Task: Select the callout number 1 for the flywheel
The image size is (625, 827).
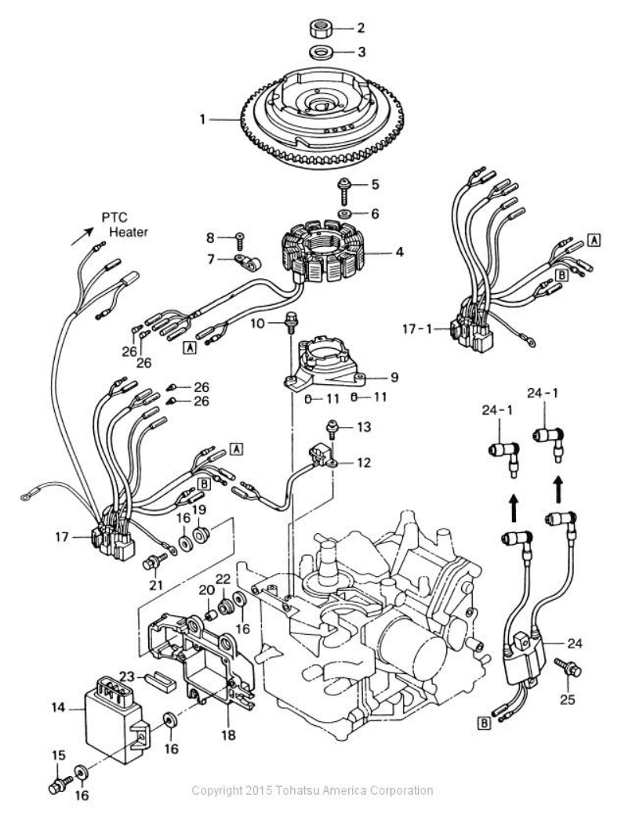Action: tap(203, 120)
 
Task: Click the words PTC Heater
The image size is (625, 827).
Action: tap(125, 224)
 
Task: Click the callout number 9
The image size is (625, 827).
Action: tap(393, 377)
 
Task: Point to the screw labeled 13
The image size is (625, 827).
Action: tap(332, 429)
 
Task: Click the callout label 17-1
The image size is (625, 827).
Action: tap(417, 329)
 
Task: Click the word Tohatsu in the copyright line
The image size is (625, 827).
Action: tap(297, 790)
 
